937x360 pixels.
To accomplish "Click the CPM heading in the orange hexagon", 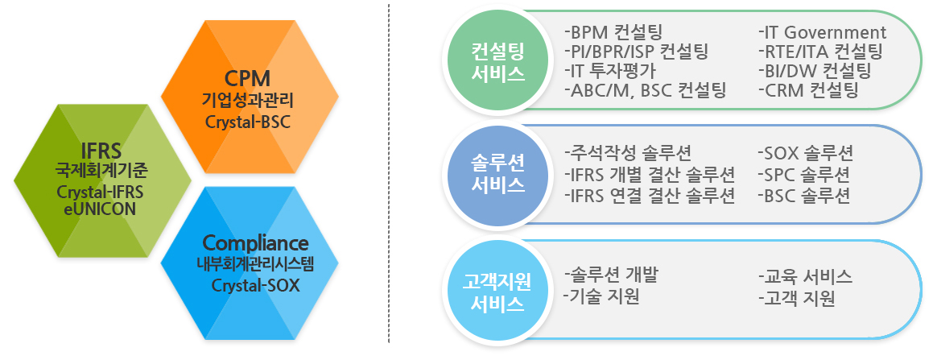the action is pyautogui.click(x=247, y=78).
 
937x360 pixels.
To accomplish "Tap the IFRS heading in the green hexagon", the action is pyautogui.click(x=102, y=150).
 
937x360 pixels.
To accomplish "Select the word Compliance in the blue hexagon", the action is pyautogui.click(x=256, y=243).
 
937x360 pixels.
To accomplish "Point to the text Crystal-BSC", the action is pyautogui.click(x=247, y=122).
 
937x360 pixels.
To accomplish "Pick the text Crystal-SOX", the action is pyautogui.click(x=256, y=285).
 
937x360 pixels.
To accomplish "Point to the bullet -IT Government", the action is pyautogui.click(x=822, y=32).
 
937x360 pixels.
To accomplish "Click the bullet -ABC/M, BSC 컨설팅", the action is pyautogui.click(x=646, y=90).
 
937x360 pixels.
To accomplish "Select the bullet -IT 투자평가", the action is pyautogui.click(x=610, y=71).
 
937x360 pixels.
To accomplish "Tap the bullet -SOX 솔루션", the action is pyautogui.click(x=805, y=154).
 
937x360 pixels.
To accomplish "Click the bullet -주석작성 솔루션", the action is pyautogui.click(x=627, y=153).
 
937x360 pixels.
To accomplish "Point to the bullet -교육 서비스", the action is pyautogui.click(x=805, y=276).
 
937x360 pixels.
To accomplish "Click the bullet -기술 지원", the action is pyautogui.click(x=601, y=296).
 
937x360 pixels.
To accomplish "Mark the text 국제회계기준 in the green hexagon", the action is pyautogui.click(x=102, y=171).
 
